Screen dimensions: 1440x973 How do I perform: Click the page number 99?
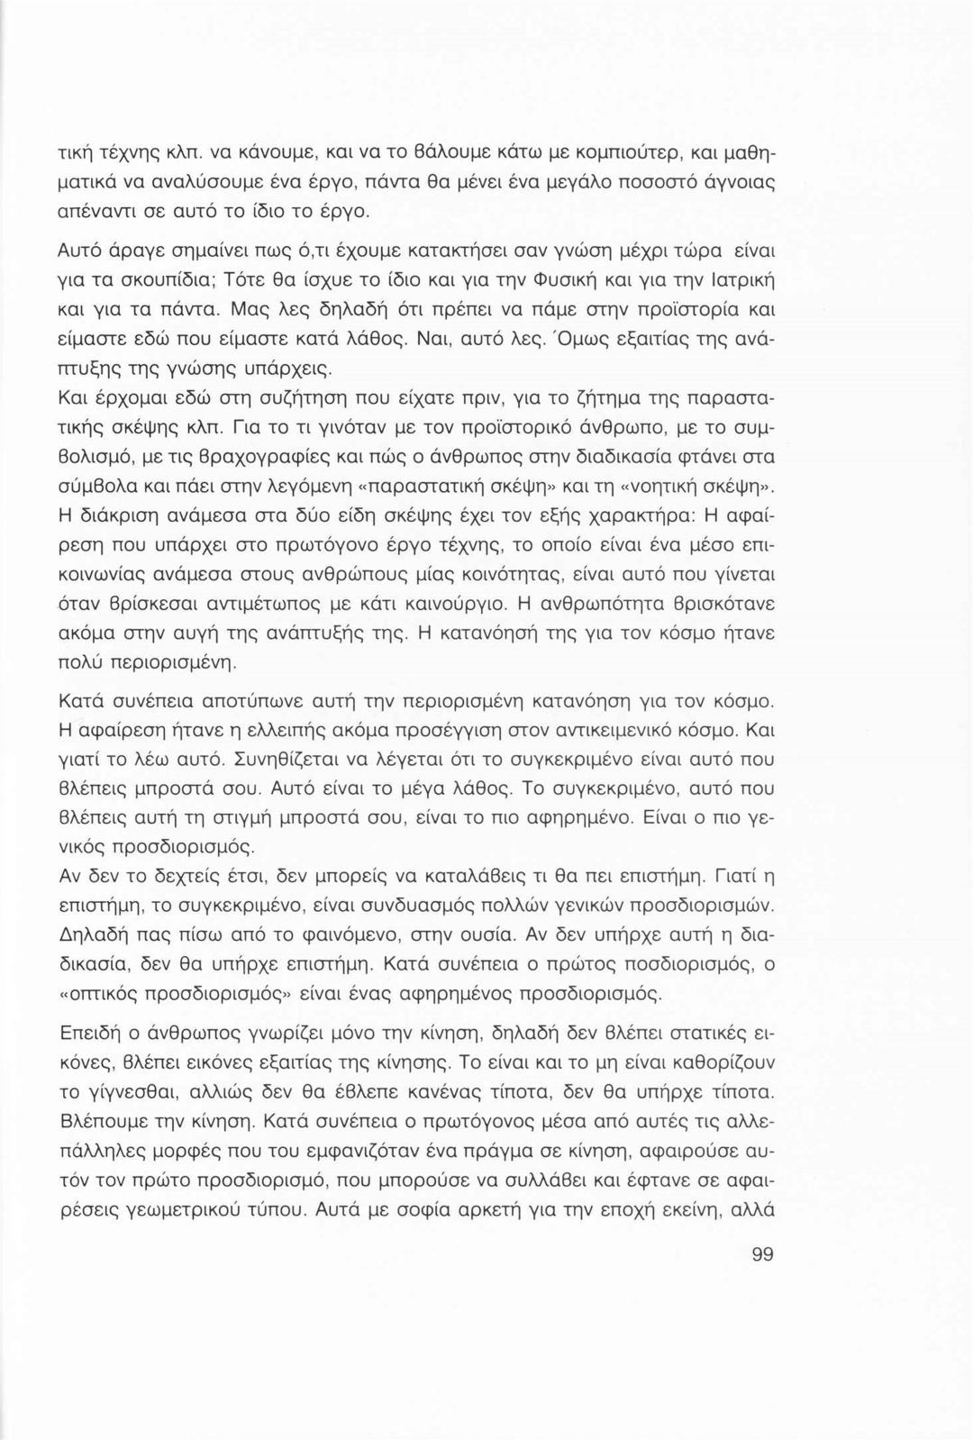point(761,1255)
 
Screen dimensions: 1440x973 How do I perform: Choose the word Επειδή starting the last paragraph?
point(90,1033)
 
